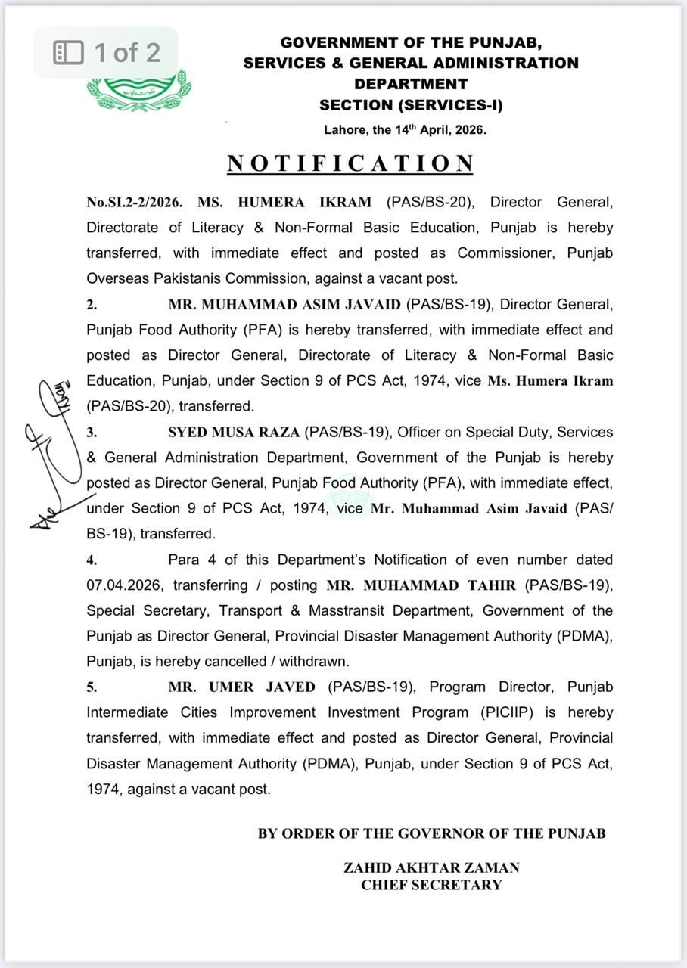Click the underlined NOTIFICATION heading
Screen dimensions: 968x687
[x=351, y=163]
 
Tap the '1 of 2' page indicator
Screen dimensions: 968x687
[x=107, y=52]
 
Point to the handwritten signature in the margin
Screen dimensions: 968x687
[x=54, y=454]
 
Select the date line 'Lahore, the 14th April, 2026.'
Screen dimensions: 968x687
[x=405, y=129]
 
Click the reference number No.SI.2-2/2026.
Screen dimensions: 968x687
[x=134, y=202]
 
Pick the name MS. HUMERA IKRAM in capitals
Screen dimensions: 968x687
[x=284, y=202]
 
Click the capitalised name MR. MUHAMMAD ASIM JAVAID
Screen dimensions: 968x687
[x=284, y=304]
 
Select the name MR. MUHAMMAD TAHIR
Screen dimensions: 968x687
[x=421, y=585]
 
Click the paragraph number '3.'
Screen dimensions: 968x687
[x=92, y=432]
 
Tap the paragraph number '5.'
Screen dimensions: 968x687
[x=92, y=687]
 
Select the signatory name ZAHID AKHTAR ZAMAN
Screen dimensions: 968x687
[x=431, y=868]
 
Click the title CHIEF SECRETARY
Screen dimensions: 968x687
[x=431, y=885]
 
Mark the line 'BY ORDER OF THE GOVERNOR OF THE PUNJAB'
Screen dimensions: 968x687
[x=431, y=833]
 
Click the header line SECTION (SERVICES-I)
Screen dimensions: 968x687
[x=411, y=105]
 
